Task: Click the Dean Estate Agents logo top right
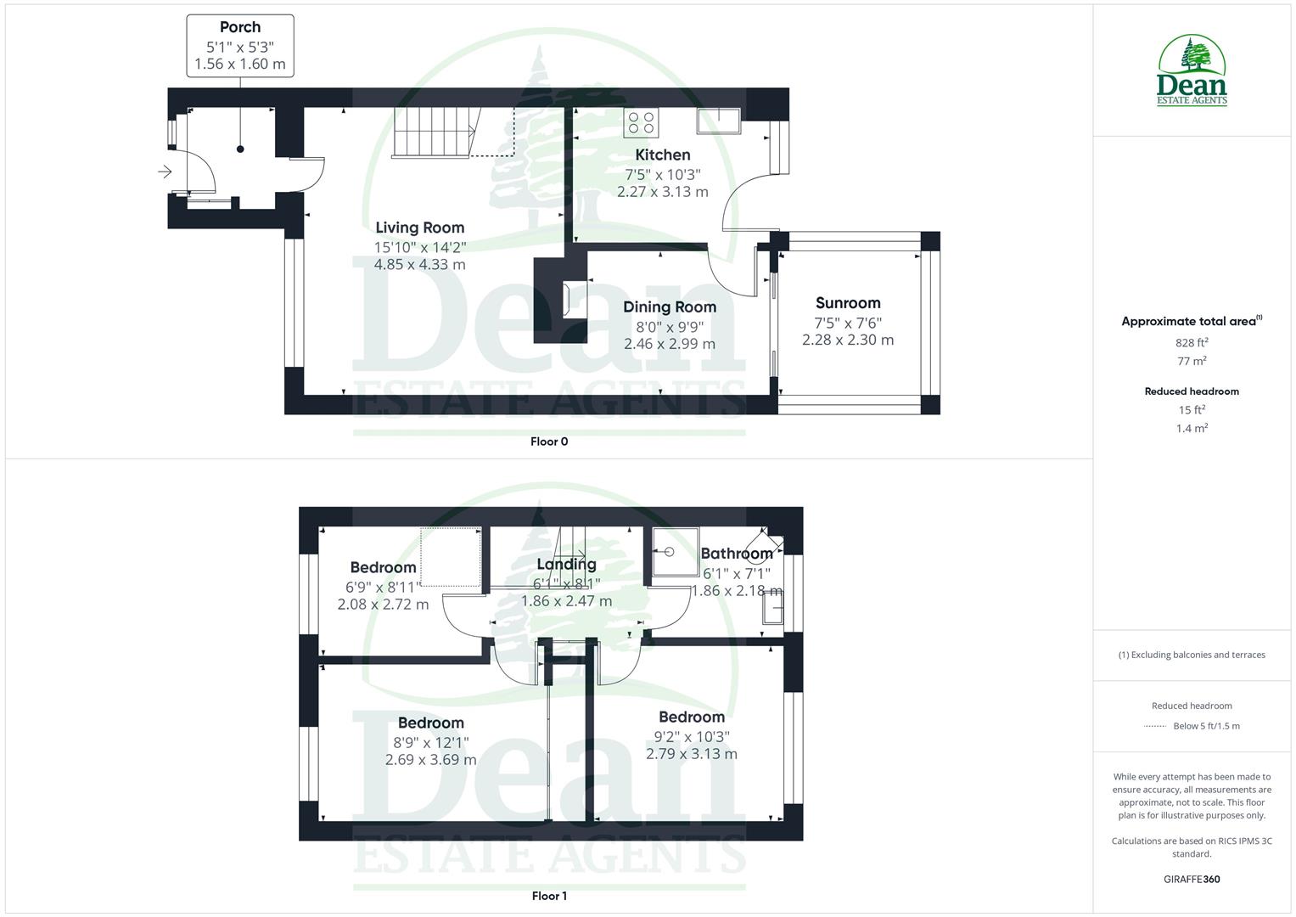[x=1192, y=71]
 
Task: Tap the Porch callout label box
[x=240, y=46]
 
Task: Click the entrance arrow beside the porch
[x=165, y=172]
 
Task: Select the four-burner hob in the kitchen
[x=642, y=122]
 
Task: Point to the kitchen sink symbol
[x=718, y=121]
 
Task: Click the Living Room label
[x=420, y=228]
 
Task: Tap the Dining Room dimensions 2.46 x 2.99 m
[x=670, y=344]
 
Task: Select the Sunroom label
[x=848, y=303]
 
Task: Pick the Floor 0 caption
[x=549, y=442]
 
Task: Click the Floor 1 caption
[x=549, y=896]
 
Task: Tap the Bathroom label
[x=736, y=554]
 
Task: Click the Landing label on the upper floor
[x=566, y=564]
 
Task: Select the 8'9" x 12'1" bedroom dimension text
[x=431, y=741]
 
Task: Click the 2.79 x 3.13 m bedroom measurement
[x=692, y=754]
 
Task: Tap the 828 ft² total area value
[x=1192, y=343]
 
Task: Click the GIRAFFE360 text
[x=1192, y=880]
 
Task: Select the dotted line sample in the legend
[x=1155, y=726]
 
